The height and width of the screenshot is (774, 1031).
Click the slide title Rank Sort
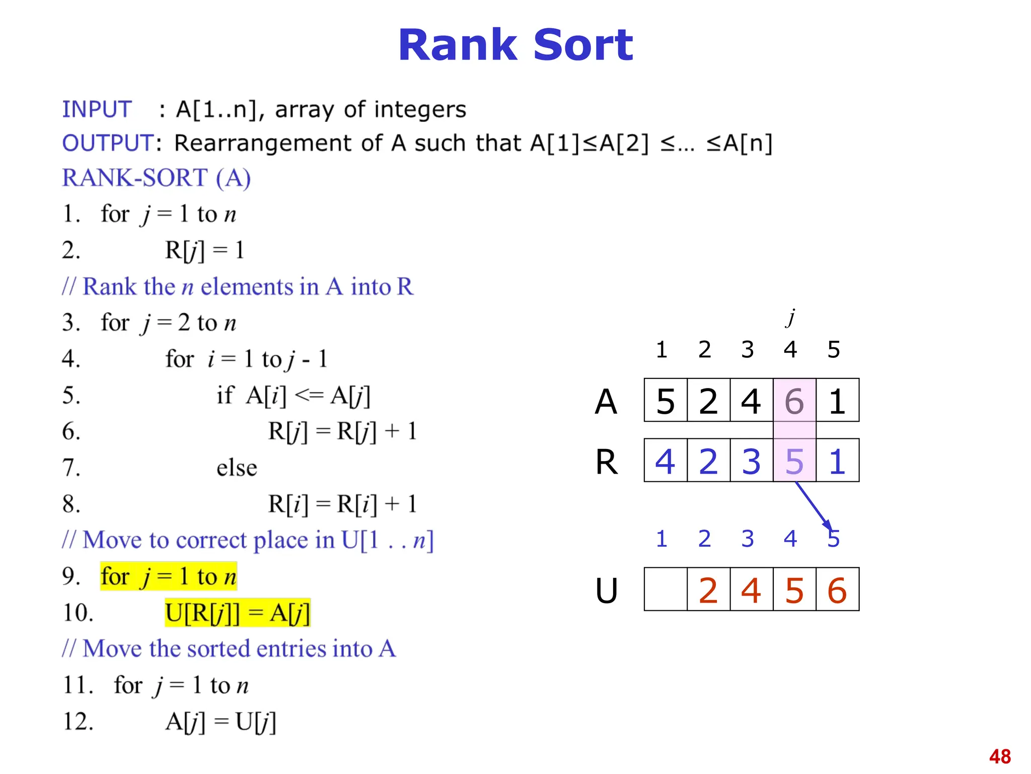(x=515, y=45)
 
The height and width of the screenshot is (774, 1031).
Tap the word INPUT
(x=97, y=109)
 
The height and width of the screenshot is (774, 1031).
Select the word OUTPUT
(x=107, y=143)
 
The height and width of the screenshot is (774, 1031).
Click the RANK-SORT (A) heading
(x=156, y=178)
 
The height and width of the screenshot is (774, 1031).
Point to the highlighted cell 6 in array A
(x=794, y=401)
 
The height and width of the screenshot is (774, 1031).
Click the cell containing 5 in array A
(x=666, y=401)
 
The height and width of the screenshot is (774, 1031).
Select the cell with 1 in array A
(x=837, y=401)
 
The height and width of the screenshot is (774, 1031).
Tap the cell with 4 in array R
(x=666, y=461)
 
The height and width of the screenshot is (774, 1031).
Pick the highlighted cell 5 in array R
(x=794, y=461)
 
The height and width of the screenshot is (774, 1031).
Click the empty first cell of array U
(x=666, y=590)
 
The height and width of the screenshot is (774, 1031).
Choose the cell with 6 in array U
(x=837, y=590)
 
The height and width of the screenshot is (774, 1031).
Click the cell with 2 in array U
(x=708, y=590)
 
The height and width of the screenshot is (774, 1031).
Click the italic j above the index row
(x=791, y=317)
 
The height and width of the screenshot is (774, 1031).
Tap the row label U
(x=606, y=590)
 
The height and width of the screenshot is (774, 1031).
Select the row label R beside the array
(x=606, y=462)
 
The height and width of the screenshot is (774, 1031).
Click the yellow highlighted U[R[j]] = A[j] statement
(x=238, y=613)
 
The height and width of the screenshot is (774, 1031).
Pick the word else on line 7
(x=237, y=468)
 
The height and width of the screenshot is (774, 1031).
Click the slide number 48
(x=1000, y=756)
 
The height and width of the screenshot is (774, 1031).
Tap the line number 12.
(x=78, y=722)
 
